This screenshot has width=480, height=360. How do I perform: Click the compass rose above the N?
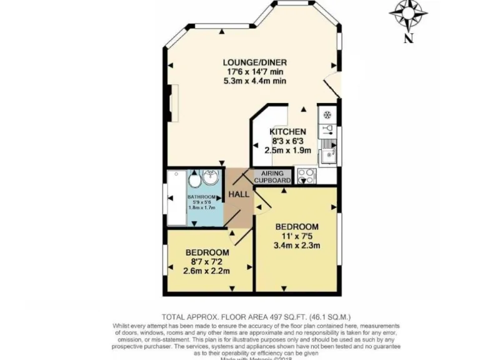[x=408, y=13]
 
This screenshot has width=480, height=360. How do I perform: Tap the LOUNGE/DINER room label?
[x=254, y=62]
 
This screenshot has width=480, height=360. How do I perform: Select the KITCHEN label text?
[x=287, y=132]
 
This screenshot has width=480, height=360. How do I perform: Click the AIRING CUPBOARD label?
[x=272, y=177]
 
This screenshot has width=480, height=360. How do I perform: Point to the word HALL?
[x=238, y=194]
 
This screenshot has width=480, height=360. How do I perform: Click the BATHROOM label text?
[x=201, y=196]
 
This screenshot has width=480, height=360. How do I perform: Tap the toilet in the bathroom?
[x=194, y=179]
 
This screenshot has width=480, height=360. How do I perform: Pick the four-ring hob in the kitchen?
[x=306, y=176]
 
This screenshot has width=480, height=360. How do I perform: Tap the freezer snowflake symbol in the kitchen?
[x=326, y=116]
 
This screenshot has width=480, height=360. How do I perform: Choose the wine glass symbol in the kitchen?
[x=326, y=131]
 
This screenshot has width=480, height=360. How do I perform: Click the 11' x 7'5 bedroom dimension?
[x=297, y=236]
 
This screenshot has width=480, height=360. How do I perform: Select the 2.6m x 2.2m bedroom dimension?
[x=206, y=271]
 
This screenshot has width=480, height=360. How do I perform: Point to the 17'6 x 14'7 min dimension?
[x=254, y=71]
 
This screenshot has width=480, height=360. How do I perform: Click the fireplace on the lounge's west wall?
[x=176, y=100]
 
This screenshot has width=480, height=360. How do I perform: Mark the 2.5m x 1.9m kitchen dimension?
[x=287, y=151]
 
